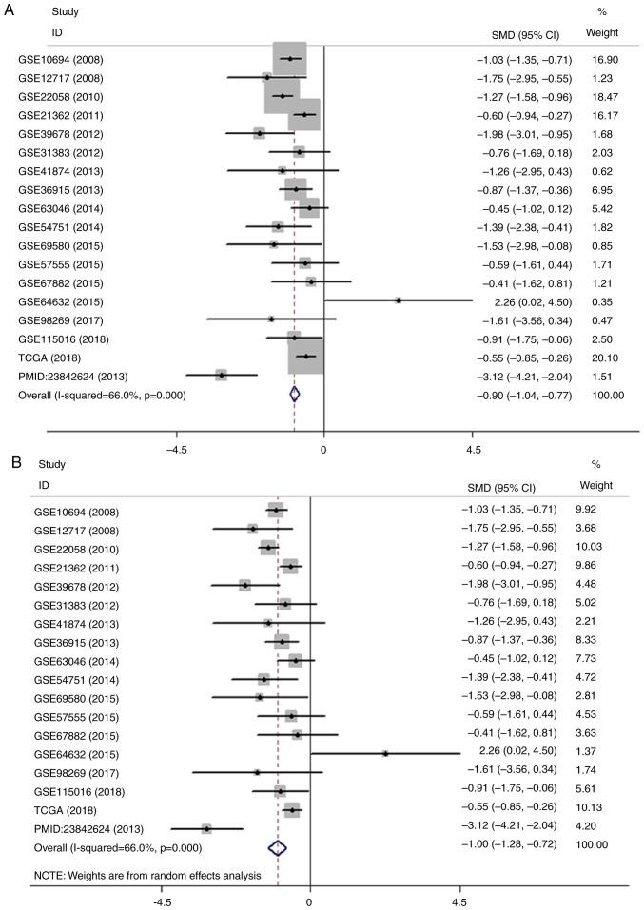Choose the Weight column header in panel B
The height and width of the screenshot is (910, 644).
(x=596, y=485)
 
